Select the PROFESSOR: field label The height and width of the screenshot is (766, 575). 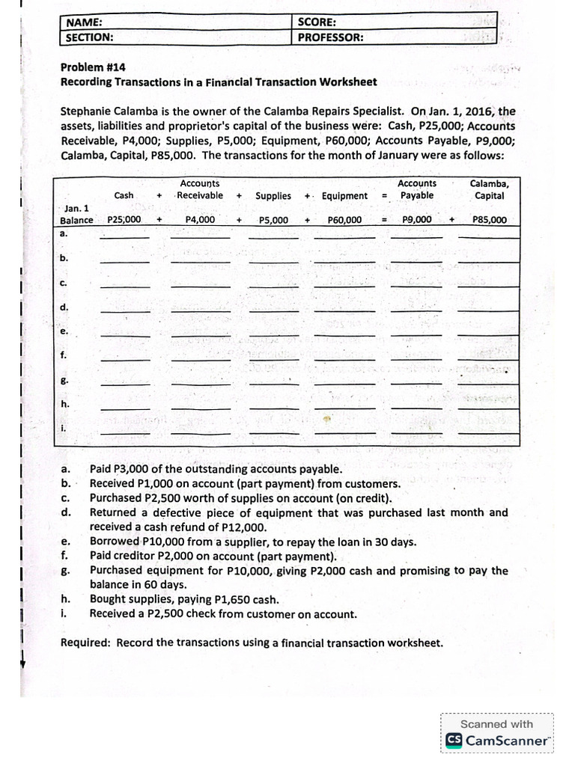330,37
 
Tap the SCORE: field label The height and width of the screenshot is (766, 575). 317,22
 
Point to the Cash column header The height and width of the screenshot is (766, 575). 124,195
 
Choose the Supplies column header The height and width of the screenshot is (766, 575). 273,196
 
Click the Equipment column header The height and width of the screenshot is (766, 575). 344,196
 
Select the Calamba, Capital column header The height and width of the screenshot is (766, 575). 489,189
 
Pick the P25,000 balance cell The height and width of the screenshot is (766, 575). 124,220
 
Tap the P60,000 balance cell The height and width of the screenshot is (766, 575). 344,220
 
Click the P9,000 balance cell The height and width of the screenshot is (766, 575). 416,220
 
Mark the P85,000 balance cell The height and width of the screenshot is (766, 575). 489,220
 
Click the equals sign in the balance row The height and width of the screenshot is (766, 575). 384,220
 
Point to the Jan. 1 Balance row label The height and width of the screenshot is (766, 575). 76,214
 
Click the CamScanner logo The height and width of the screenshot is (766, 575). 498,740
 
